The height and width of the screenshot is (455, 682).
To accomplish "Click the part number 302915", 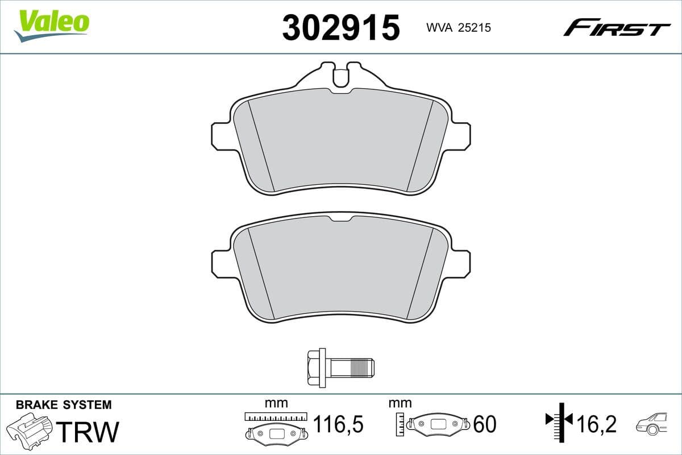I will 340,27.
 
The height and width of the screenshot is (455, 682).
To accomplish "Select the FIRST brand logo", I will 616,27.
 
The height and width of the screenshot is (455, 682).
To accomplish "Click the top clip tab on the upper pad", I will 340,76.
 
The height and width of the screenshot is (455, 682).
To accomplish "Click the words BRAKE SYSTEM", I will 64,405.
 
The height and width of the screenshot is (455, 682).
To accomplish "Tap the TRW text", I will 89,432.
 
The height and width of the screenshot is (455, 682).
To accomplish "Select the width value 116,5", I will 338,424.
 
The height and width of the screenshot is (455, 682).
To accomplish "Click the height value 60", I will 484,424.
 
